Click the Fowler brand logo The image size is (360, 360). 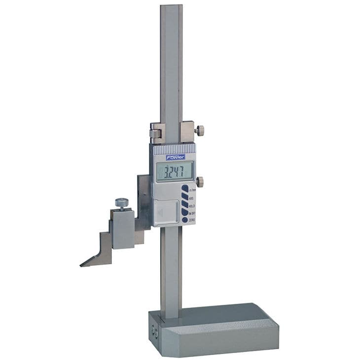pos(175,157)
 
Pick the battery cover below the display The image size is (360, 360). pos(165,211)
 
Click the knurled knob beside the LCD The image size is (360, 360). pos(199,181)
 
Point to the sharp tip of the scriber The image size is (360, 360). pos(81,265)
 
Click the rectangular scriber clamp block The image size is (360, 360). pos(123,228)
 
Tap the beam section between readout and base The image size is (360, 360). pos(171,266)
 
